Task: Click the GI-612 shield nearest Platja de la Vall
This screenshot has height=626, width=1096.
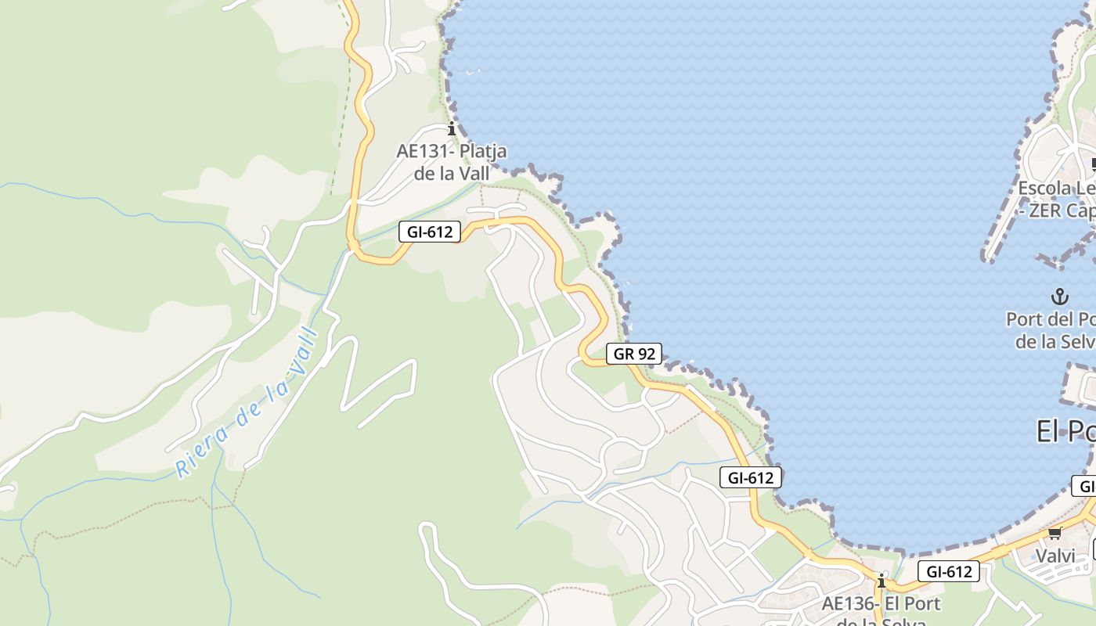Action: (430, 232)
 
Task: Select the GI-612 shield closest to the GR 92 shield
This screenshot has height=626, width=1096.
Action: (751, 477)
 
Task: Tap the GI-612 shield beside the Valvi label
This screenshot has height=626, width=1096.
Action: (948, 572)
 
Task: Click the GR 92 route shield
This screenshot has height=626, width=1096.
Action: (634, 354)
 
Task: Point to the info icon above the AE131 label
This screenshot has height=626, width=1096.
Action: (451, 128)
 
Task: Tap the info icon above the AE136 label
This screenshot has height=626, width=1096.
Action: (881, 581)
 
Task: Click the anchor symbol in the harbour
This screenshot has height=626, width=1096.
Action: (1059, 297)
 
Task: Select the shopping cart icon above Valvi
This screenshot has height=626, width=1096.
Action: (1055, 534)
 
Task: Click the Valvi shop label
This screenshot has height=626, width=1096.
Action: (1055, 556)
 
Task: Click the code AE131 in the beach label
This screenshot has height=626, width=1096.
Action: (424, 151)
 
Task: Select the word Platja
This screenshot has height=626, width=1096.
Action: (483, 151)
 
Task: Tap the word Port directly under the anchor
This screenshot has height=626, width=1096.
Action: (1025, 319)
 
